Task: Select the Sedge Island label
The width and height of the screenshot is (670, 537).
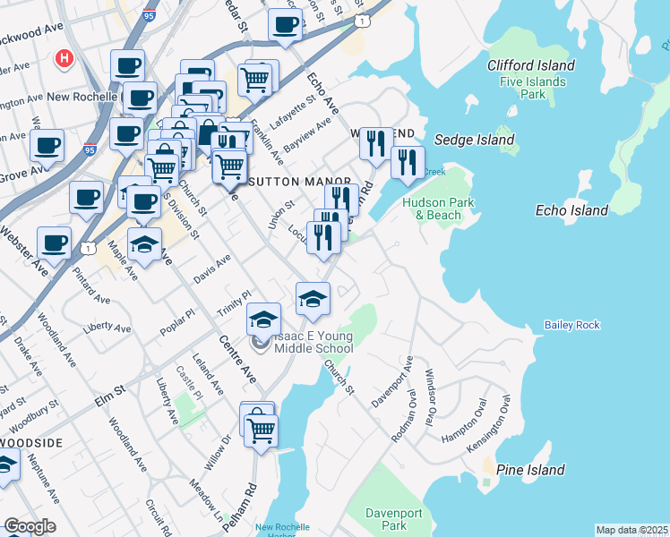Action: coord(474,140)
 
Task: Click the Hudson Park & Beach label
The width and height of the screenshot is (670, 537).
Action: coord(432,209)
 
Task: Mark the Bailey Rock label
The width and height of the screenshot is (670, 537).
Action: coord(571,325)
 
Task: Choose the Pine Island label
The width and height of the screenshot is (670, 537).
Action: coord(532,470)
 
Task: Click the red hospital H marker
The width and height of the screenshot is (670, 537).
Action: coord(64,60)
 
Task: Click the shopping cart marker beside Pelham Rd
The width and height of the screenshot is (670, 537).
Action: coord(261,429)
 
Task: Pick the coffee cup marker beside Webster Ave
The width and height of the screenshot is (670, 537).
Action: coord(54,242)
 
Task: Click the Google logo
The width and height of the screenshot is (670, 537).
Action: coord(30,526)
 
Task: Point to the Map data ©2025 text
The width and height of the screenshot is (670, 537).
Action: coord(631,530)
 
